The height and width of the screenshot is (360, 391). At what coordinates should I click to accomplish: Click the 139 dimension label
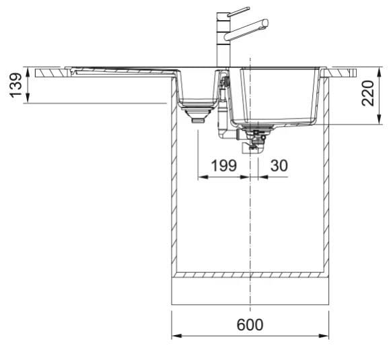click(15, 85)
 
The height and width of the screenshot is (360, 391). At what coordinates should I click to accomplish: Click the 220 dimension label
click(368, 94)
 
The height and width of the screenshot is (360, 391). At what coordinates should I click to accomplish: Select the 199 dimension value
click(223, 166)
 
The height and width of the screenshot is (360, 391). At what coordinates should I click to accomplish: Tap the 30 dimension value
click(279, 166)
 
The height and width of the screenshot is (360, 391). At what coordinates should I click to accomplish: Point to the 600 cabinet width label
click(250, 324)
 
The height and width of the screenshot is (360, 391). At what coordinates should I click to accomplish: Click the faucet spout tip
click(266, 23)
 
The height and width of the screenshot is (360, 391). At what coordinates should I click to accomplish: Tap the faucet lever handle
click(238, 11)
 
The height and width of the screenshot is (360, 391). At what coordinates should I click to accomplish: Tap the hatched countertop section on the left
click(51, 73)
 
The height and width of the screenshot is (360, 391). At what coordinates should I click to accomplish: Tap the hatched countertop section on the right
click(340, 73)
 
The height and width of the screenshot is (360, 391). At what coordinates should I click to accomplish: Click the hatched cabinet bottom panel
click(250, 275)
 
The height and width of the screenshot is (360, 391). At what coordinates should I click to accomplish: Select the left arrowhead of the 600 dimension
click(176, 336)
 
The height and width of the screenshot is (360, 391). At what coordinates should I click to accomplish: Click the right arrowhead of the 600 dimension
click(324, 336)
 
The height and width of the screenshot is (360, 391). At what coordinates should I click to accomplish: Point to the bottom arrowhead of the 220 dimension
click(380, 119)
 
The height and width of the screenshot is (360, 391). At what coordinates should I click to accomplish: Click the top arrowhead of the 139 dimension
click(28, 72)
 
